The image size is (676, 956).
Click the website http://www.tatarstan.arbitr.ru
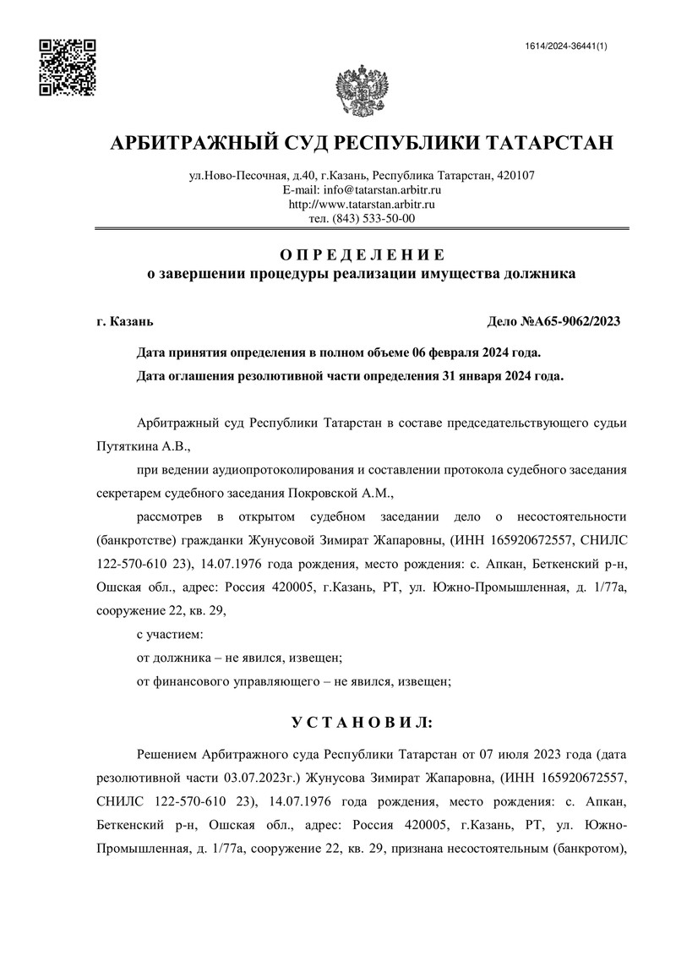[x=362, y=204]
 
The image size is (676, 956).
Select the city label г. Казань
[x=125, y=321]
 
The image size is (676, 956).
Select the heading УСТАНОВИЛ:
[x=362, y=723]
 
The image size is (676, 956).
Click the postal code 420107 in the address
[x=515, y=176]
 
